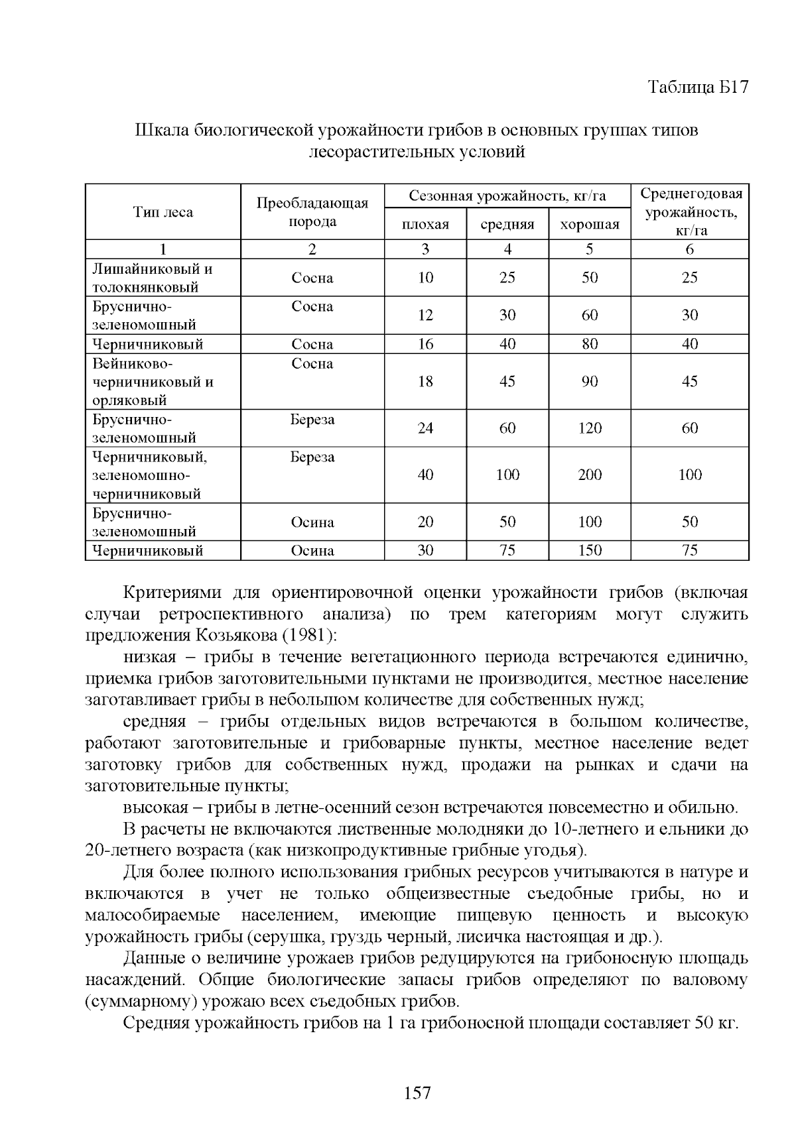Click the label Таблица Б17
pyautogui.click(x=698, y=88)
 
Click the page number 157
pyautogui.click(x=417, y=1093)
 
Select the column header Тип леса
pyautogui.click(x=163, y=212)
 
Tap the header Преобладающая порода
pyautogui.click(x=312, y=212)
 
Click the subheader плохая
pyautogui.click(x=425, y=225)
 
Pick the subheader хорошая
pyautogui.click(x=589, y=225)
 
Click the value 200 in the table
pyautogui.click(x=589, y=475)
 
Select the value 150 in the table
pyautogui.click(x=589, y=550)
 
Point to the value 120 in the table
pyautogui.click(x=589, y=428)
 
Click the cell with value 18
pyautogui.click(x=425, y=381)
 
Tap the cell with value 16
pyautogui.click(x=425, y=344)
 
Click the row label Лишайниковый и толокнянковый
pyautogui.click(x=153, y=278)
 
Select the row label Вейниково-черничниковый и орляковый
pyautogui.click(x=153, y=382)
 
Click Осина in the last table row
pyautogui.click(x=312, y=550)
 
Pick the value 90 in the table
pyautogui.click(x=589, y=381)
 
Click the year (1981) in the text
pyautogui.click(x=310, y=636)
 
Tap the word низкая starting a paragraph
pyautogui.click(x=150, y=657)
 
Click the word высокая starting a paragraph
pyautogui.click(x=154, y=807)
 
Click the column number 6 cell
pyautogui.click(x=689, y=249)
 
